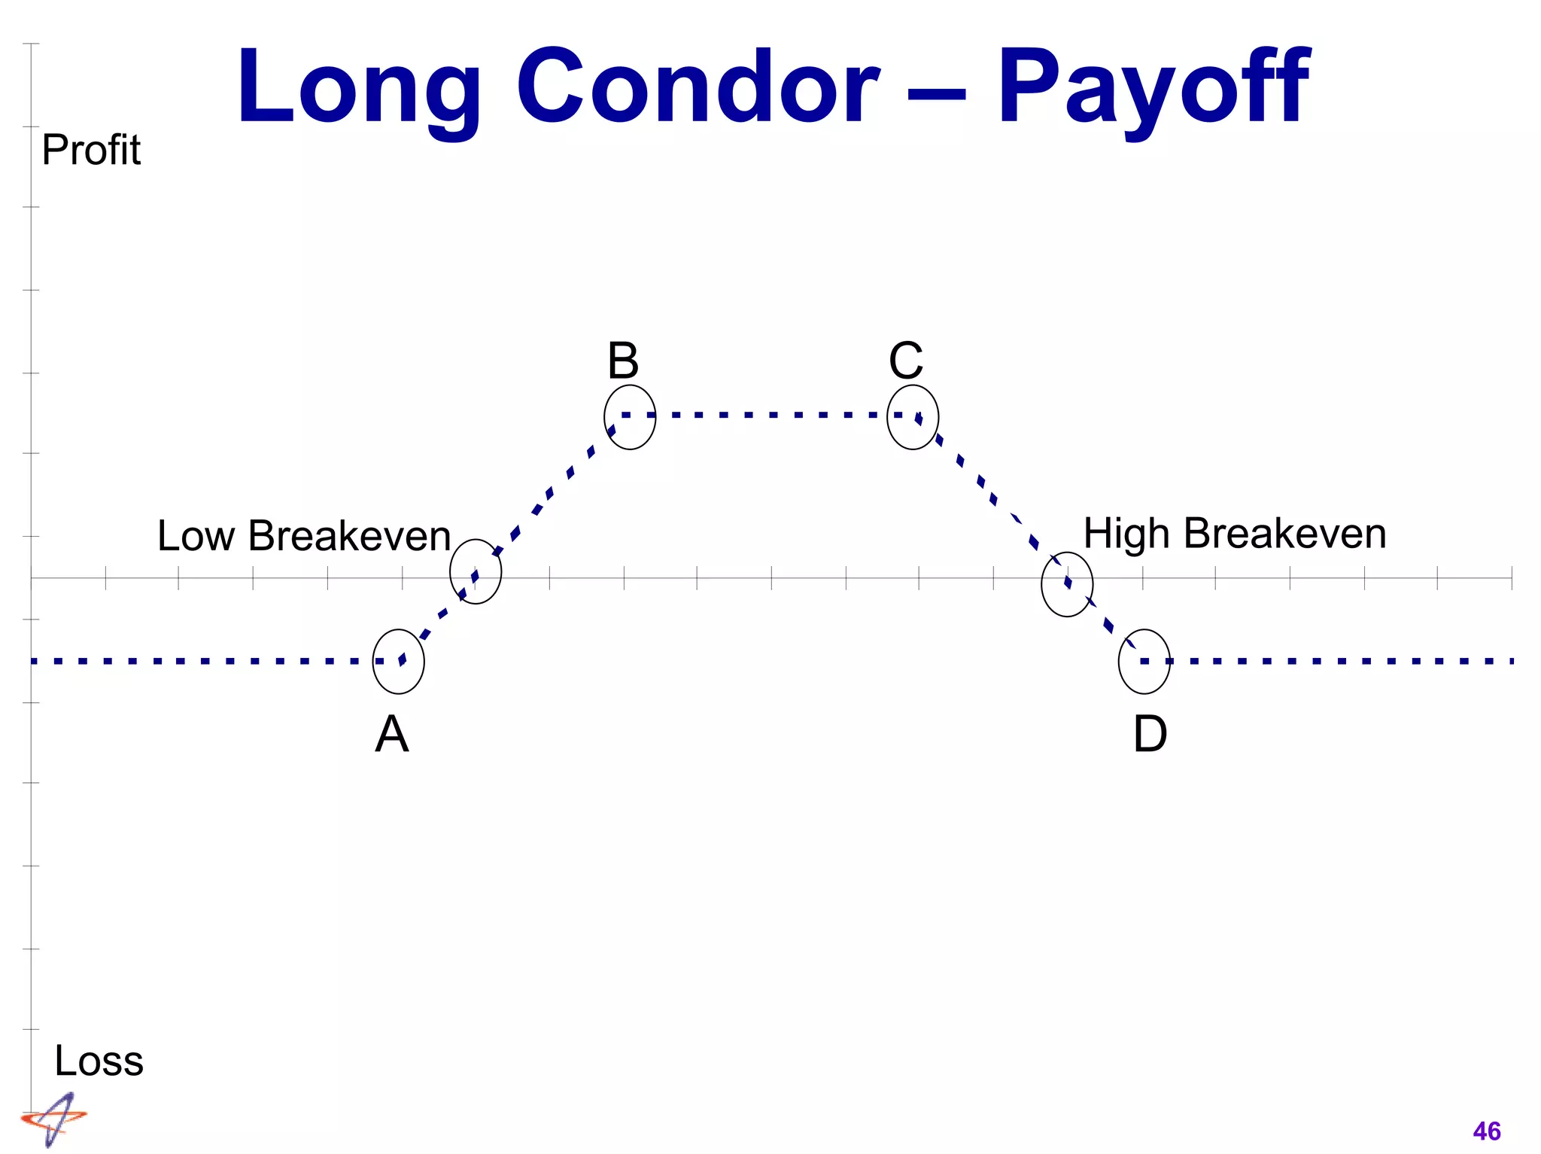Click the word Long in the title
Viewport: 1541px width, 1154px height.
tap(359, 89)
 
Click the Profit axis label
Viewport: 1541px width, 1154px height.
tap(91, 150)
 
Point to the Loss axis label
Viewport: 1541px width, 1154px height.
tap(99, 1061)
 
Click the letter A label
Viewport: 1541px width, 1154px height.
tap(392, 734)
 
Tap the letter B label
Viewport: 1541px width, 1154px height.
tap(623, 361)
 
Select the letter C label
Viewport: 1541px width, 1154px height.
tap(906, 361)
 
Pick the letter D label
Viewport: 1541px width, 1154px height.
tap(1150, 734)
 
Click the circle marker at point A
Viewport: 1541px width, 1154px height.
tap(399, 661)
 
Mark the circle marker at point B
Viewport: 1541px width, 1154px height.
tap(630, 417)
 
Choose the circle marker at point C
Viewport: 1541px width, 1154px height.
tap(913, 417)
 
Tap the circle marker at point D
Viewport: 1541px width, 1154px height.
tap(1144, 661)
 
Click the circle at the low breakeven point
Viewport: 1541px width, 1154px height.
tap(476, 571)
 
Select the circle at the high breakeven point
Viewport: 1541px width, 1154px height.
tap(1067, 584)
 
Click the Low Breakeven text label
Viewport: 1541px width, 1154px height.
tap(304, 536)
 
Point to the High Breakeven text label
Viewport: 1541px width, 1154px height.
tap(1235, 534)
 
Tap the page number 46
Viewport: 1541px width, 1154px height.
tap(1486, 1131)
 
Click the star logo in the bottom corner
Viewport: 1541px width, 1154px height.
tap(54, 1119)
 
